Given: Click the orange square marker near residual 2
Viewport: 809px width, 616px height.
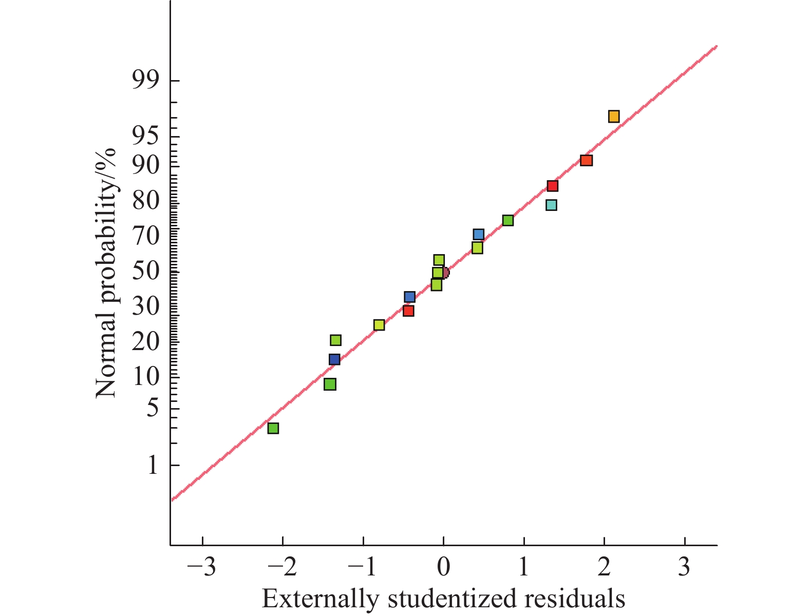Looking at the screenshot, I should pos(613,117).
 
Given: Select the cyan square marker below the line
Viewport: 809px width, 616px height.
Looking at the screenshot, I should pos(551,205).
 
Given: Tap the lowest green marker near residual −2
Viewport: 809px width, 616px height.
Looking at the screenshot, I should pos(273,428).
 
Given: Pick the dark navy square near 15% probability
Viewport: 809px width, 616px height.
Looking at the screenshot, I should pos(334,359).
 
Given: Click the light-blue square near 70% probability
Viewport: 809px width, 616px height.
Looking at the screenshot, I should pos(478,235).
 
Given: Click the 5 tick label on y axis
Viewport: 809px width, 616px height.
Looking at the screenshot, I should pos(153,409).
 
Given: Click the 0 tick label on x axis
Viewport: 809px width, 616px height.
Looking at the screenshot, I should pos(443,568).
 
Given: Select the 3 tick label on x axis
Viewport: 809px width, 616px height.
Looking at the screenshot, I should pos(684,568).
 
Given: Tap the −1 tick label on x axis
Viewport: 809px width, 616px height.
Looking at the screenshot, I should pos(362,568).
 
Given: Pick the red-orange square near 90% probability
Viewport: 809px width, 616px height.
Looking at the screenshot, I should pos(586,161).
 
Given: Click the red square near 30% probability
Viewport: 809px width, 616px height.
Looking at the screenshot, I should pos(408,311).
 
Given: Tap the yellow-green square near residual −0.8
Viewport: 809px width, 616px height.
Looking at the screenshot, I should pos(379,325).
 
